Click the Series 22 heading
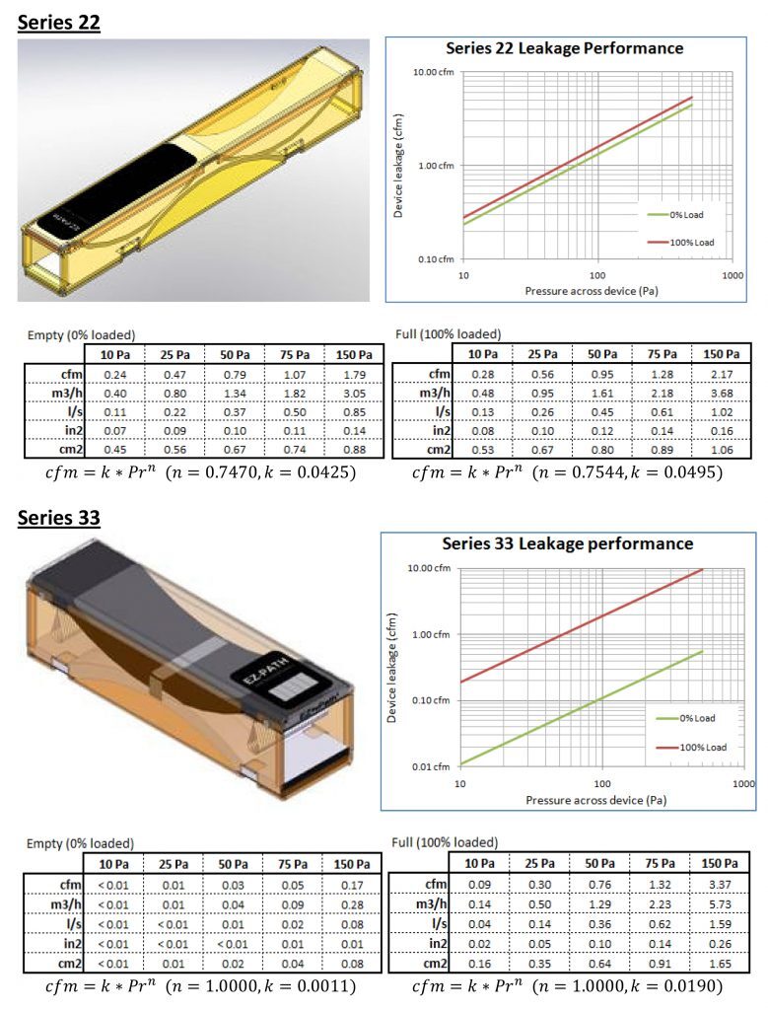[x=58, y=23]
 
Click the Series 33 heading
[x=58, y=518]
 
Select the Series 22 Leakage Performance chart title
[x=565, y=48]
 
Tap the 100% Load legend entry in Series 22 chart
[x=680, y=243]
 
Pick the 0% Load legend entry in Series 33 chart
[x=685, y=718]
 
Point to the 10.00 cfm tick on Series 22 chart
[x=433, y=72]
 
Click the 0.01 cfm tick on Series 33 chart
[x=431, y=766]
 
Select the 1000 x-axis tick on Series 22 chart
[x=733, y=276]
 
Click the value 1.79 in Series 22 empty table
[x=354, y=374]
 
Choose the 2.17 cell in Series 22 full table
[x=722, y=374]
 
